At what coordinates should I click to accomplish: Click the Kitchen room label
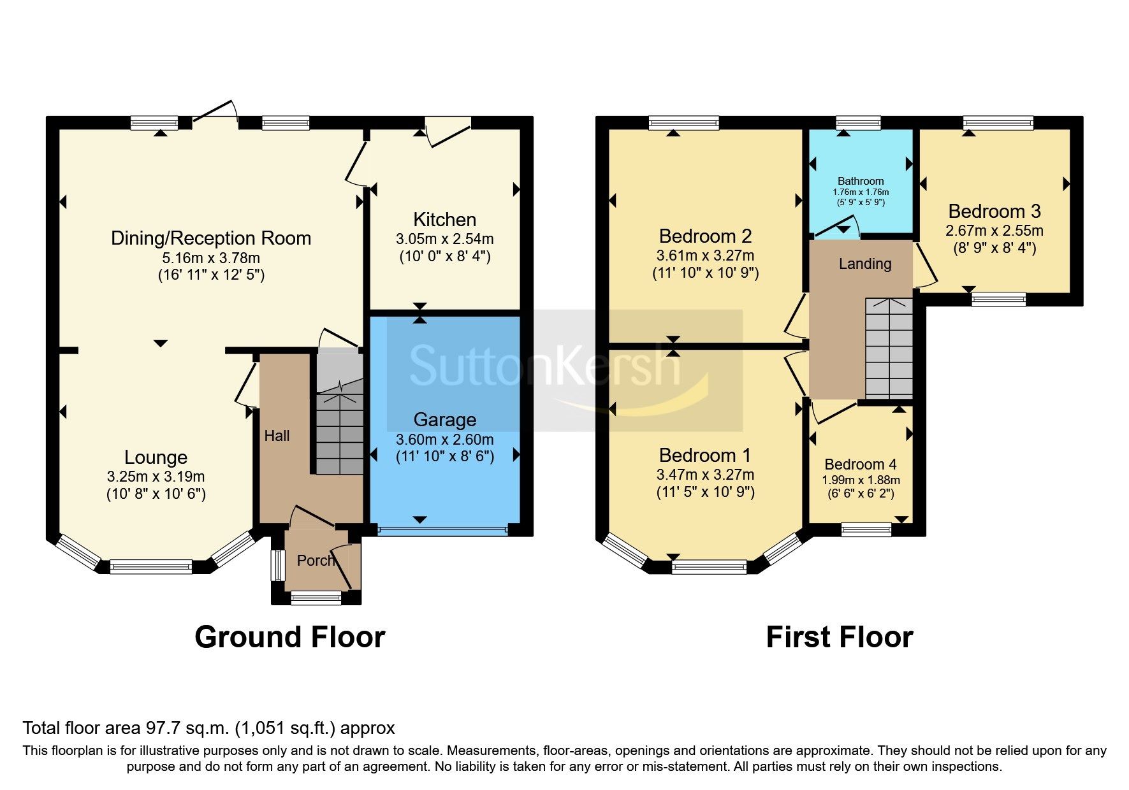click(444, 220)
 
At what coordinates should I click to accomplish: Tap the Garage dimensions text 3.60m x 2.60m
click(444, 440)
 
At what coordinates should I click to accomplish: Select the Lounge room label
click(156, 457)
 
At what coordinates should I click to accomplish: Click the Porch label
click(316, 561)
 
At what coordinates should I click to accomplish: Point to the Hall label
click(277, 436)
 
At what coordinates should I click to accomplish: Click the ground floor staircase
click(340, 433)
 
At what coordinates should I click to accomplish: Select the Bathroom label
click(861, 181)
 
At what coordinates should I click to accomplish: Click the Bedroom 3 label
click(994, 211)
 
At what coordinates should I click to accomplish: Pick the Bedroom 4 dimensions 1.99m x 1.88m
click(861, 480)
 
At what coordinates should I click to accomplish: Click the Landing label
click(864, 264)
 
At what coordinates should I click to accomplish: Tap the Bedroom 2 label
click(705, 236)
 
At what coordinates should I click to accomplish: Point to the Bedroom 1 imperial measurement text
click(705, 492)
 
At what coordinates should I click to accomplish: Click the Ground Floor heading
click(289, 637)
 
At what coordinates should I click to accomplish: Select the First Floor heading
click(839, 637)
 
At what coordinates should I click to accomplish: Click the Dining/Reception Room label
click(211, 238)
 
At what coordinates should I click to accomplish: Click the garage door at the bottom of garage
click(442, 529)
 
